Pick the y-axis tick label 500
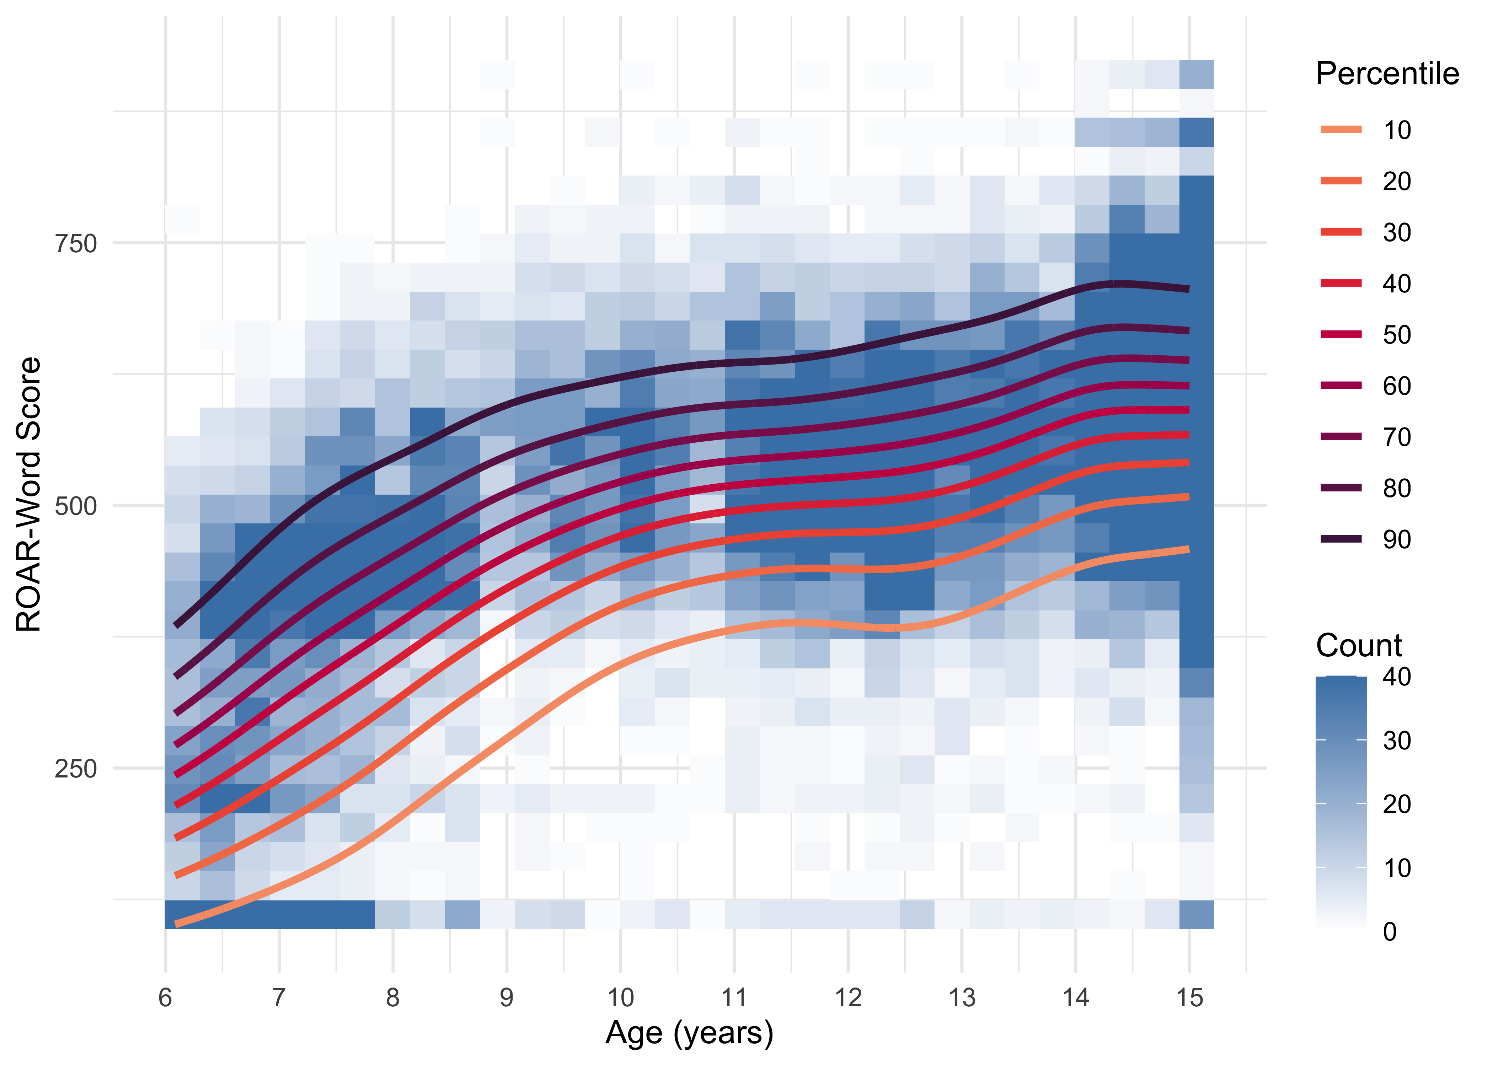pyautogui.click(x=75, y=506)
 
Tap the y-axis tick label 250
pyautogui.click(x=75, y=769)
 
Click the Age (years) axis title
pyautogui.click(x=689, y=1033)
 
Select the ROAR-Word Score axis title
pyautogui.click(x=29, y=494)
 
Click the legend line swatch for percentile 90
pyautogui.click(x=1341, y=539)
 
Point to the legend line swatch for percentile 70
pyautogui.click(x=1341, y=436)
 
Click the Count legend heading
pyautogui.click(x=1358, y=645)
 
